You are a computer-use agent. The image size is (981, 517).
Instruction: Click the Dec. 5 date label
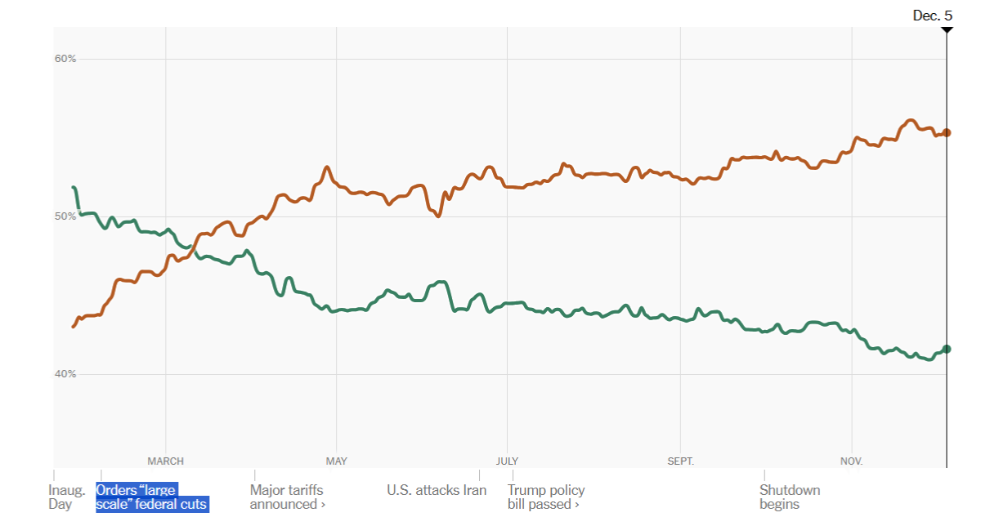click(x=932, y=15)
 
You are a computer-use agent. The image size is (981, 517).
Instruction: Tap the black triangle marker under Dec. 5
click(x=947, y=29)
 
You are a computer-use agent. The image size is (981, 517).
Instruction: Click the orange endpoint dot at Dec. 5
click(x=947, y=132)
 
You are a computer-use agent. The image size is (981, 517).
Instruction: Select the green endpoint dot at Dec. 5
click(x=947, y=349)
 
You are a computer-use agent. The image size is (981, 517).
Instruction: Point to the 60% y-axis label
click(x=65, y=59)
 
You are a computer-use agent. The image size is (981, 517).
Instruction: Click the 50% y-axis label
click(x=65, y=216)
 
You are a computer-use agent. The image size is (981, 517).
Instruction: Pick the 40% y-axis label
click(x=65, y=374)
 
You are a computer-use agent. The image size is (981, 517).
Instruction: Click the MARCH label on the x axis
click(x=165, y=461)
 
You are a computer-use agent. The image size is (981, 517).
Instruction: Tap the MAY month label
click(x=336, y=461)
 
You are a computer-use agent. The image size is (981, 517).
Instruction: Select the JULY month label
click(x=507, y=461)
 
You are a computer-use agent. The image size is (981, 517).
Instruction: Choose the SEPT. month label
click(x=680, y=461)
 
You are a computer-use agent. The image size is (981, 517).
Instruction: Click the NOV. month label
click(x=852, y=461)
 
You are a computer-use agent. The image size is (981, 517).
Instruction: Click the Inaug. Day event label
click(x=66, y=497)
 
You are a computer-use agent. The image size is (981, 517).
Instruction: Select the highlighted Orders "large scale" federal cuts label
click(x=151, y=497)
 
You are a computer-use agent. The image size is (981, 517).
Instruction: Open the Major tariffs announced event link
click(x=287, y=497)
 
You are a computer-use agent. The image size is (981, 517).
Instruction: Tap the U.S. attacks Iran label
click(x=437, y=491)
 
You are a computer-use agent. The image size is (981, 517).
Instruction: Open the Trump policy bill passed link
click(x=545, y=497)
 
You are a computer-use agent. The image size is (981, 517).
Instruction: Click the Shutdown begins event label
click(x=789, y=497)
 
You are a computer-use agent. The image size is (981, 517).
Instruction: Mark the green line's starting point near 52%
click(x=74, y=188)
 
